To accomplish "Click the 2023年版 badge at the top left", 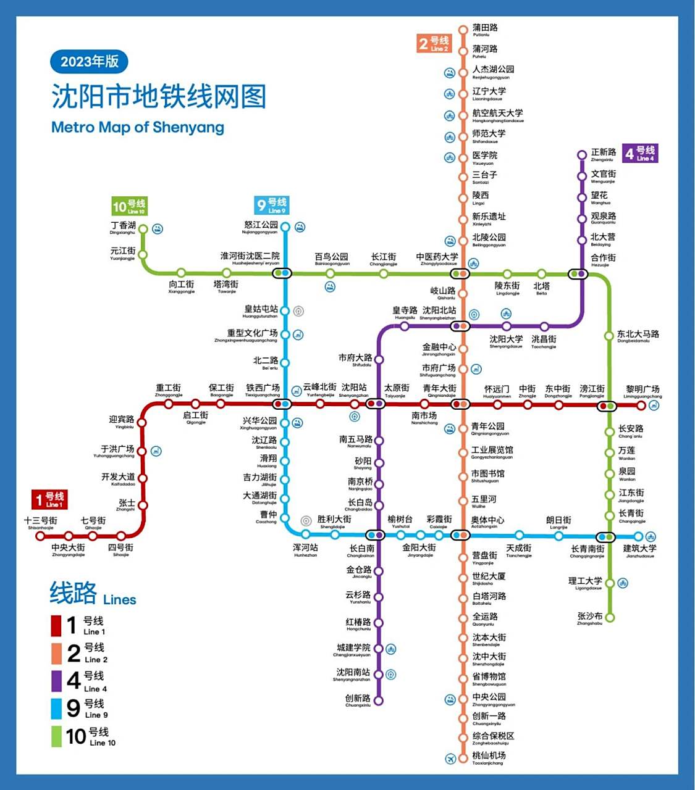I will tap(89, 62).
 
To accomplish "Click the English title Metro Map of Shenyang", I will tap(137, 127).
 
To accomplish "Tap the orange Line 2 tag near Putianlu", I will tap(434, 44).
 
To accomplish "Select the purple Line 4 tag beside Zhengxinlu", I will tap(640, 153).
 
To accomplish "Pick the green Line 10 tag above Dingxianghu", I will tap(129, 206).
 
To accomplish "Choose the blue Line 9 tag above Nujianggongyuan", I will tap(272, 205).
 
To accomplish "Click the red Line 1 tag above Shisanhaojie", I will tap(50, 499).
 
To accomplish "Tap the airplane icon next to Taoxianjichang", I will tap(450, 758).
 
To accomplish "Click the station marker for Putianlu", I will tap(463, 30).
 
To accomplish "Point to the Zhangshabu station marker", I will tap(610, 617).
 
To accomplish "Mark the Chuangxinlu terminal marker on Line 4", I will tap(379, 701).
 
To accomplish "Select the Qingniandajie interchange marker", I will tap(460, 404).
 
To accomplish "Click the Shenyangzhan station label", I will tap(353, 391).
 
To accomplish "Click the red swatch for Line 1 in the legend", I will tap(56, 625).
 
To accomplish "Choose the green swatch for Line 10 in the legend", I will tap(56, 736).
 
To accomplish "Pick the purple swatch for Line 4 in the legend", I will tap(56, 681).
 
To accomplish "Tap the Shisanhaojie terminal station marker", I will tap(41, 536).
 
